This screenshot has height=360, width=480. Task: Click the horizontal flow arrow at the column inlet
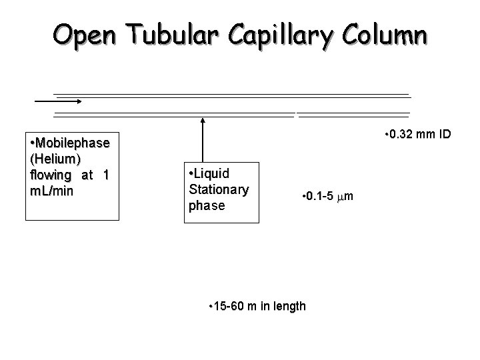(x=58, y=101)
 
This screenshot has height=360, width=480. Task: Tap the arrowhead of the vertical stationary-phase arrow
(x=203, y=121)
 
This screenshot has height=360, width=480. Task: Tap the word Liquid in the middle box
(x=213, y=174)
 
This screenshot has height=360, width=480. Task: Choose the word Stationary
(x=219, y=189)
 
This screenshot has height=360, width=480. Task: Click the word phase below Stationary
(x=207, y=205)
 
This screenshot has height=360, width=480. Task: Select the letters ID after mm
(x=444, y=135)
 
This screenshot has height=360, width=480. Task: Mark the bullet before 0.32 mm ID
(x=388, y=135)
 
